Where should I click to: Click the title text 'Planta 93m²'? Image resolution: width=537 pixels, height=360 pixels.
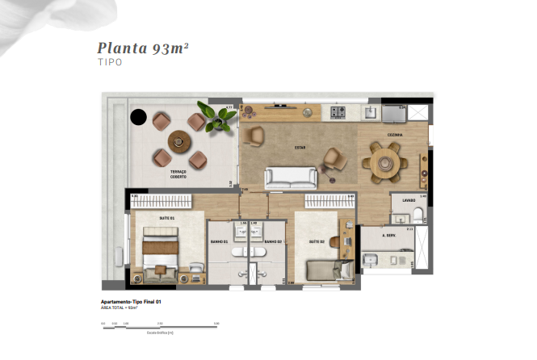click(143, 48)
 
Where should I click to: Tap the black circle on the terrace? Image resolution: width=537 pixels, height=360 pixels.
click(138, 118)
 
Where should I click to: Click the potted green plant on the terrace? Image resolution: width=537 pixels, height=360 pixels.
click(217, 119)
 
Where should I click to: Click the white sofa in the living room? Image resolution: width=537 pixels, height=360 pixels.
click(292, 177)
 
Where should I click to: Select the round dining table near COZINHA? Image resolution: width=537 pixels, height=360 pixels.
click(384, 160)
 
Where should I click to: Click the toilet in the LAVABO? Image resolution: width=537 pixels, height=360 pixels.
click(417, 214)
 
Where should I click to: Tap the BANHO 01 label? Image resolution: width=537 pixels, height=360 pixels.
click(219, 241)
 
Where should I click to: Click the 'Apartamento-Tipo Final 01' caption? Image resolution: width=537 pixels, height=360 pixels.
click(131, 302)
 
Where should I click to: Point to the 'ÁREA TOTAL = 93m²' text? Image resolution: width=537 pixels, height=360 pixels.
click(120, 308)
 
